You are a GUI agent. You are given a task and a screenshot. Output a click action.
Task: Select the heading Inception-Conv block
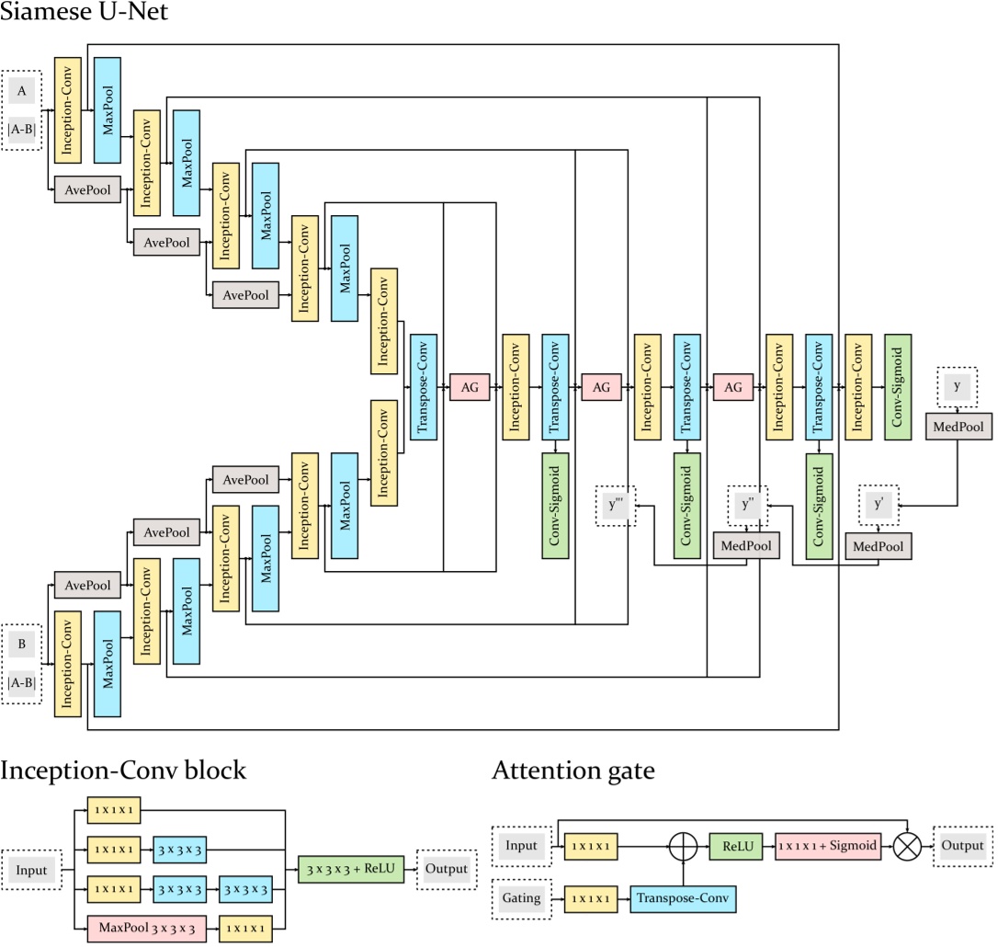pos(123,770)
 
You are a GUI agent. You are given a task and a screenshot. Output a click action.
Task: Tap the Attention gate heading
pos(573,770)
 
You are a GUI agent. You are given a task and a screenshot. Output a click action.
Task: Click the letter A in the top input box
pos(22,91)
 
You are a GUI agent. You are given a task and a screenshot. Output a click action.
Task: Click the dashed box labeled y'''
pos(616,507)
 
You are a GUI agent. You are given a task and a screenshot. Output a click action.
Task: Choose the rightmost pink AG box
pos(733,388)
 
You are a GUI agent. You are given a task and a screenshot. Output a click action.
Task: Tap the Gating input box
pos(521,892)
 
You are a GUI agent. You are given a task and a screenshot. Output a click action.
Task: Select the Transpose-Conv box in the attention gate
pos(683,892)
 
